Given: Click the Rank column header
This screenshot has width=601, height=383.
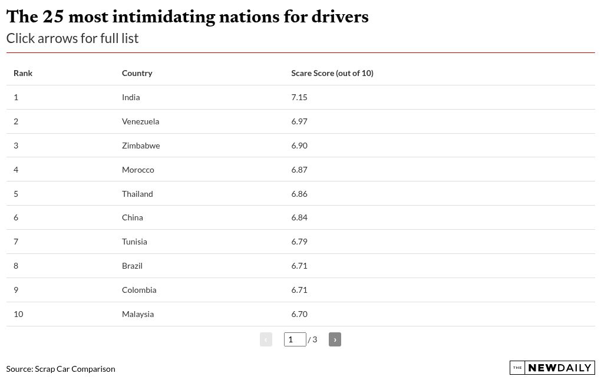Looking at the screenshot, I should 23,73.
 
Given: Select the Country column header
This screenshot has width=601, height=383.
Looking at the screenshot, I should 137,73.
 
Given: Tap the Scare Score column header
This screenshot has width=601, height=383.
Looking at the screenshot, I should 332,73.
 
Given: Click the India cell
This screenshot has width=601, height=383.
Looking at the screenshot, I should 131,97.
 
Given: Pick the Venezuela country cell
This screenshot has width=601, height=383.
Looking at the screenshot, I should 140,121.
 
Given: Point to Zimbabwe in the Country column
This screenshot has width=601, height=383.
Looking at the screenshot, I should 141,146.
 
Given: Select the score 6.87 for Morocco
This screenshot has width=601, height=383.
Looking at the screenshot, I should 299,170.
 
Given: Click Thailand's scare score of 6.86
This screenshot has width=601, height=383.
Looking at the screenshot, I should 299,194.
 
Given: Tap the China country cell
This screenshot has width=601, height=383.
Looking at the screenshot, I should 132,217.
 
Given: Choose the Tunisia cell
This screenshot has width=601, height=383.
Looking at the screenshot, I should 134,242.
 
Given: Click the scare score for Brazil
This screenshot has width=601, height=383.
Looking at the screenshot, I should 299,266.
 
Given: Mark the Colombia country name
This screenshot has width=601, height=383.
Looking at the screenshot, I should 139,290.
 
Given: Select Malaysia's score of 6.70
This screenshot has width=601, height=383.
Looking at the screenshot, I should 299,314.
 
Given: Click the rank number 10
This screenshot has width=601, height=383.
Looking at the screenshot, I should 18,314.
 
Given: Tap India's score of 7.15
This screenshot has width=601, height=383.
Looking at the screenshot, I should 299,97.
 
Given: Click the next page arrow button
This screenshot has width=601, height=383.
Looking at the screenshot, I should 335,339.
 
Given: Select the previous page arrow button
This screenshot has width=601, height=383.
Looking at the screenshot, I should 266,339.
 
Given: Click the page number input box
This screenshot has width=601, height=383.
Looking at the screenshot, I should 295,339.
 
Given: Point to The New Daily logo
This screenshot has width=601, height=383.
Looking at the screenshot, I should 552,368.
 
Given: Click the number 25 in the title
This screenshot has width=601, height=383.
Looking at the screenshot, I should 53,16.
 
